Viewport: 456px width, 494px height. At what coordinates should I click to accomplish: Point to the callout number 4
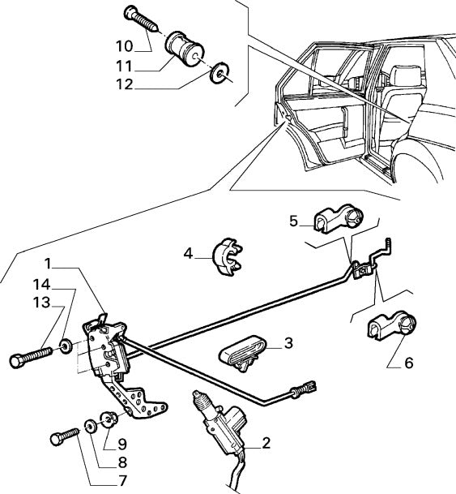187,253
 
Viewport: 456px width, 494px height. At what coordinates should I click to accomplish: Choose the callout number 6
408,363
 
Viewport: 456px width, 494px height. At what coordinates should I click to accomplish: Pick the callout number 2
265,444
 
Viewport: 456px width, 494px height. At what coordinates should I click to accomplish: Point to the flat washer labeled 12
218,75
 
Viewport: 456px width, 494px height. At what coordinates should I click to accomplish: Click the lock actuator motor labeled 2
226,419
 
